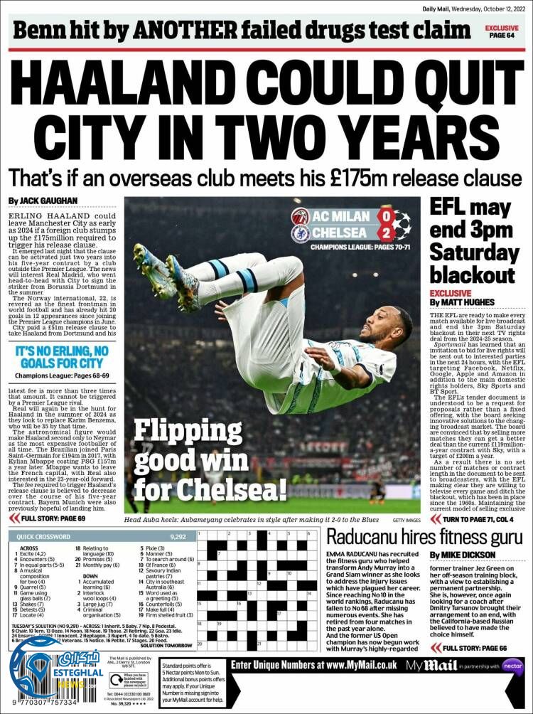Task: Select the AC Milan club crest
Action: click(x=301, y=216)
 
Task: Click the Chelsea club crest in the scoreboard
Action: click(x=301, y=233)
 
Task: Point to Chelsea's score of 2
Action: click(x=384, y=233)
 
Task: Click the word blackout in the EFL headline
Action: click(x=472, y=274)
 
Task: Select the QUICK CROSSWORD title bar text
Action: click(x=45, y=537)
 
